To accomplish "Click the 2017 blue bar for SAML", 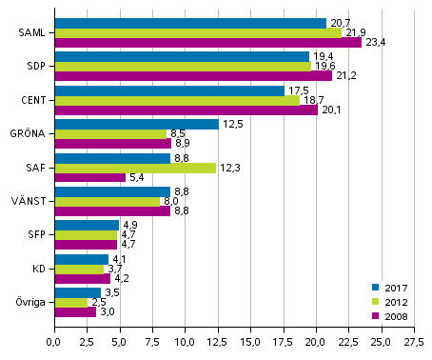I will click(190, 23).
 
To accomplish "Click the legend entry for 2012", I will click(392, 300).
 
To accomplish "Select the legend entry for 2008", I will click(392, 314).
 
